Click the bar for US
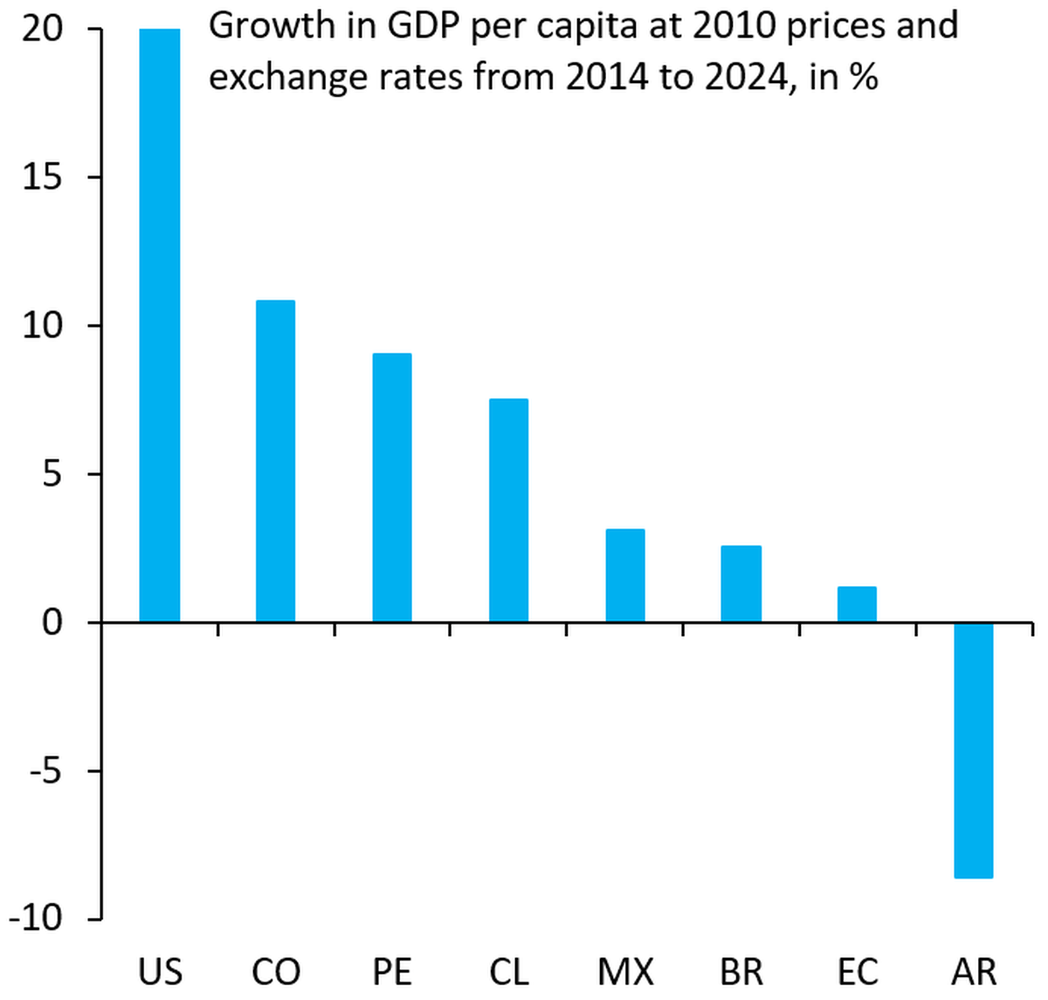[160, 325]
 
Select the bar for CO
[275, 461]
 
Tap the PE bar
[392, 487]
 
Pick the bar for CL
[508, 510]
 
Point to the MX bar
[625, 576]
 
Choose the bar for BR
[741, 583]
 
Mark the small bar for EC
[857, 604]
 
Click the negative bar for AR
[974, 750]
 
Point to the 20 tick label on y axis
[43, 30]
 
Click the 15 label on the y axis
[43, 178]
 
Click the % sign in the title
[863, 77]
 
